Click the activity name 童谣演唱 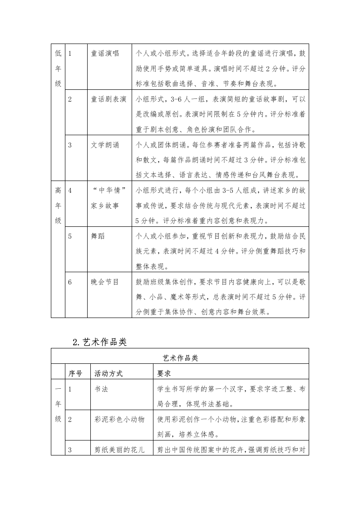tap(105, 54)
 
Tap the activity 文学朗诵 tap(105, 145)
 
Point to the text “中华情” tap(108, 191)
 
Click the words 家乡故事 tap(105, 206)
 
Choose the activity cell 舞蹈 tap(98, 236)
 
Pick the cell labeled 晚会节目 tap(105, 282)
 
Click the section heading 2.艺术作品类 tap(99, 342)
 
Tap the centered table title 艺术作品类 tap(180, 357)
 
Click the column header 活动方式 tap(108, 373)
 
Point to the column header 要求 tap(164, 373)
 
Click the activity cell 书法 tap(101, 389)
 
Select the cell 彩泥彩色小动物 tap(120, 420)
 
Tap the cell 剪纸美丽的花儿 tap(120, 450)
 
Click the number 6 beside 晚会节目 tap(70, 282)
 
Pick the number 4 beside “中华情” tap(70, 191)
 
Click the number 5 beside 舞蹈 tap(70, 236)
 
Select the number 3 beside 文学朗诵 tap(70, 145)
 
